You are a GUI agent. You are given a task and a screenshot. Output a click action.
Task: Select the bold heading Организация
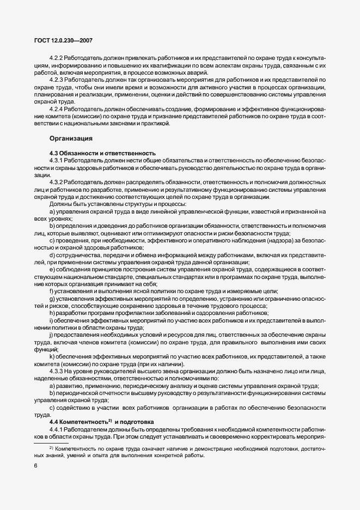(x=71, y=138)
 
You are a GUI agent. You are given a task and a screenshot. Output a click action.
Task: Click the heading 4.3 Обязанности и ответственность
(x=102, y=153)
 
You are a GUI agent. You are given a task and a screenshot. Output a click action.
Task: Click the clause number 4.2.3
(x=57, y=80)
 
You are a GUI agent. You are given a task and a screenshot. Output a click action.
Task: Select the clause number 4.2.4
(x=57, y=109)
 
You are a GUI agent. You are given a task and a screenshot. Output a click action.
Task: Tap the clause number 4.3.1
(x=57, y=161)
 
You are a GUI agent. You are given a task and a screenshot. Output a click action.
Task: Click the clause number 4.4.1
(x=57, y=429)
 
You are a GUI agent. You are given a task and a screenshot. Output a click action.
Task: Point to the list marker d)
(x=51, y=255)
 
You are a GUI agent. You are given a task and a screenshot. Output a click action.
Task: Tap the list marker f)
(x=51, y=292)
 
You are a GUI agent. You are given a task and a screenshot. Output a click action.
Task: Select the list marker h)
(x=51, y=313)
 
